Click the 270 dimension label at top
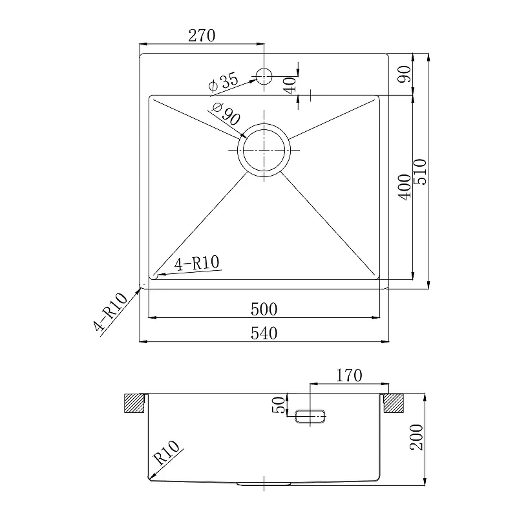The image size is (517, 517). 202,36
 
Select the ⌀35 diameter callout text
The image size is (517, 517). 223,82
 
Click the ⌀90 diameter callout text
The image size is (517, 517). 227,114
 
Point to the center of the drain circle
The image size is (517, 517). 264,150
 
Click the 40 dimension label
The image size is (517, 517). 290,85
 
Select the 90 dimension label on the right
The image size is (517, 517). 405,74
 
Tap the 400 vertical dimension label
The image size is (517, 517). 405,187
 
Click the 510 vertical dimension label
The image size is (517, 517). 420,172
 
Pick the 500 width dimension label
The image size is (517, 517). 264,310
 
